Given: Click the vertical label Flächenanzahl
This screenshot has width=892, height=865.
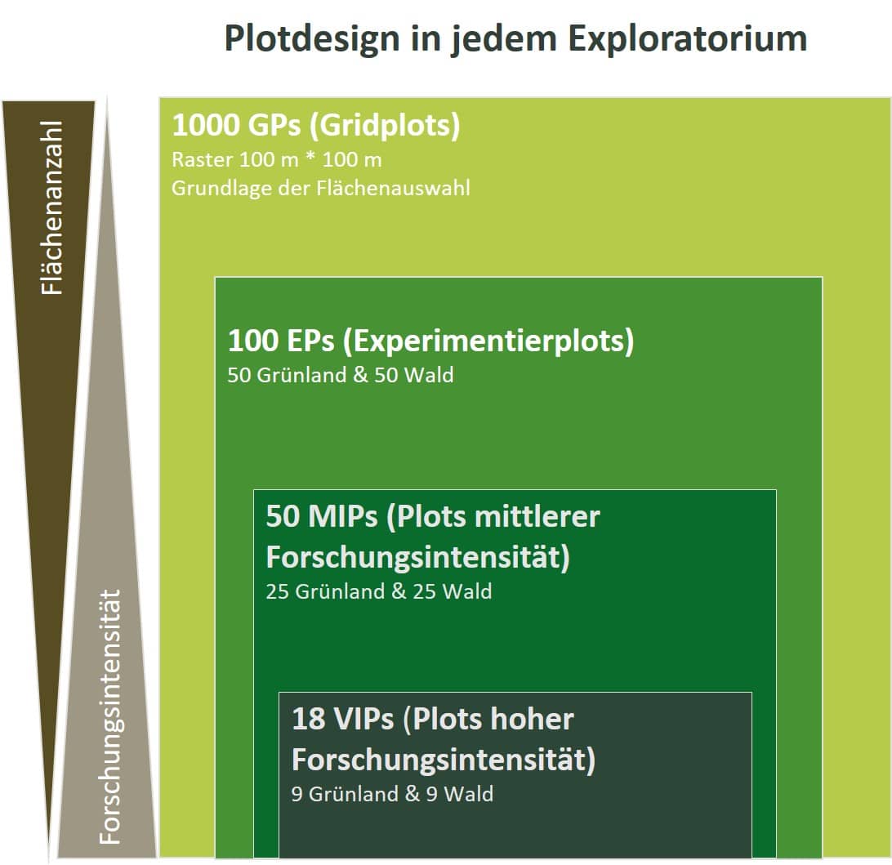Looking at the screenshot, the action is click(x=51, y=207).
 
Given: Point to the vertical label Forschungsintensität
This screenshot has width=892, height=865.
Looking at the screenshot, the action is click(x=109, y=716).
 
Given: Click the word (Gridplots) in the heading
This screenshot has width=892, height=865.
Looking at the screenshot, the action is click(x=385, y=126).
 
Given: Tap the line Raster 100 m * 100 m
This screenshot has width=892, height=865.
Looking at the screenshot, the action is click(x=276, y=160).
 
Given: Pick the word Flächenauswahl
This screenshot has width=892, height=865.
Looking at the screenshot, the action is click(x=393, y=188).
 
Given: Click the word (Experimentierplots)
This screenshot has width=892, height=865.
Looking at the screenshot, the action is click(x=488, y=341).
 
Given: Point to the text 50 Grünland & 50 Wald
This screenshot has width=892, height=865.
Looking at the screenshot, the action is click(x=341, y=376).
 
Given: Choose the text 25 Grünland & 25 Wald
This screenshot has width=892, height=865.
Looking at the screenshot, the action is click(x=379, y=591).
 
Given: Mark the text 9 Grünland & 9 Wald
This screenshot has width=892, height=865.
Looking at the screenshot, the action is click(x=393, y=794).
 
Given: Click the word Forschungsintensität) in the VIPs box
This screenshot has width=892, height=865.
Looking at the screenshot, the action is click(x=444, y=760).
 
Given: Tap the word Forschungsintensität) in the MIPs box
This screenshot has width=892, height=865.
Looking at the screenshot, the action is click(x=418, y=557).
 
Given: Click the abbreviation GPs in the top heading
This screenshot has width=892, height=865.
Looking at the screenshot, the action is click(x=274, y=125).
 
